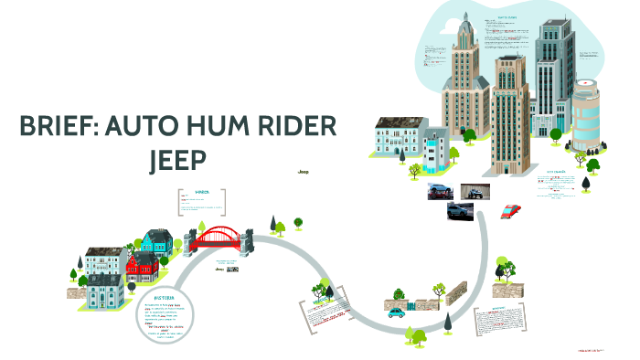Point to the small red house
coord(143,266)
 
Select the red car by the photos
coord(512,210)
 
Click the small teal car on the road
coord(396,312)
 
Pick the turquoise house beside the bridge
coord(156,242)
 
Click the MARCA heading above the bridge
coord(201,191)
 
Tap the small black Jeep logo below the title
coord(304,171)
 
